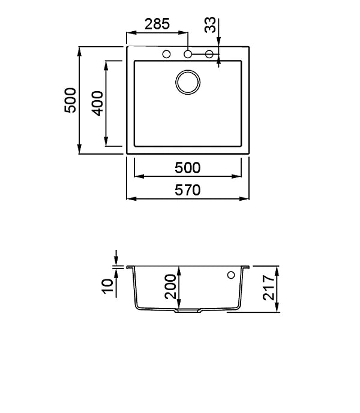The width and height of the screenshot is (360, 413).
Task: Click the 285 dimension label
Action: pos(157,24)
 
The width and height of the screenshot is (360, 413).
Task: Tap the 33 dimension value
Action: pos(210,25)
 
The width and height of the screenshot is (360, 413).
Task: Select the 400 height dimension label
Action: pos(97,103)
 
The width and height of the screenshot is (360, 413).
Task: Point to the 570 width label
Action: pos(188,190)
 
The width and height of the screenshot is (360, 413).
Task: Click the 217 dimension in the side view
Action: pos(269,288)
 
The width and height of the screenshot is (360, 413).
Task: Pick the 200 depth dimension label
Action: pos(170,287)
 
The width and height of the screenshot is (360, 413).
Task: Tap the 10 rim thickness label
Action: pos(107,286)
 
